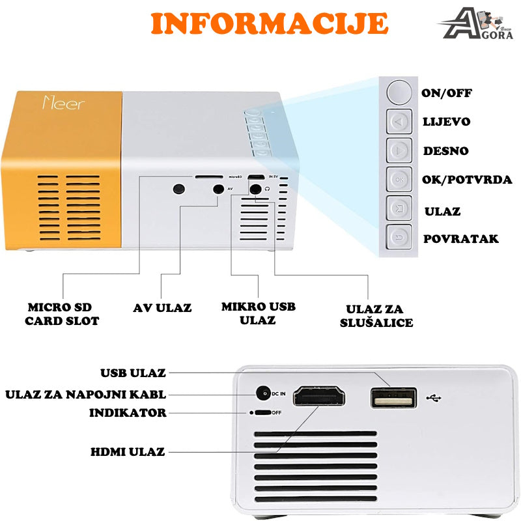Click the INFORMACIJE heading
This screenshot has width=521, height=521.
(269, 23)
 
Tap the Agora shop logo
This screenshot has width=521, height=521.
(479, 24)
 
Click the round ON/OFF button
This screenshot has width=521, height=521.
(399, 92)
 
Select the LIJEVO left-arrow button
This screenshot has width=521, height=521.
(399, 121)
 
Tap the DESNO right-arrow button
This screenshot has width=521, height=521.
(399, 150)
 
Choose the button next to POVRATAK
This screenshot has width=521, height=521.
(399, 238)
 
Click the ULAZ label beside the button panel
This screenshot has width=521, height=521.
(442, 212)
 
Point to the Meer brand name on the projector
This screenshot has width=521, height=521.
(63, 103)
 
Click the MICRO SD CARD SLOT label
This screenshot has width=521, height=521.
(62, 314)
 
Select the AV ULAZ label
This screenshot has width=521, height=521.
(162, 307)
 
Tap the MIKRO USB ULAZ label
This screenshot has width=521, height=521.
(257, 313)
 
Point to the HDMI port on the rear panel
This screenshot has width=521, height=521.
(319, 397)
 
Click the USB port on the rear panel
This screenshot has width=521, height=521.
(393, 397)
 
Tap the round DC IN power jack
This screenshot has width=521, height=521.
(263, 394)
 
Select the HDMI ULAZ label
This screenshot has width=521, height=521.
(128, 451)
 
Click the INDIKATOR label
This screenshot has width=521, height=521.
(128, 413)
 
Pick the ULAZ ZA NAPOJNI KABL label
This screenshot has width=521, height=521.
(85, 394)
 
